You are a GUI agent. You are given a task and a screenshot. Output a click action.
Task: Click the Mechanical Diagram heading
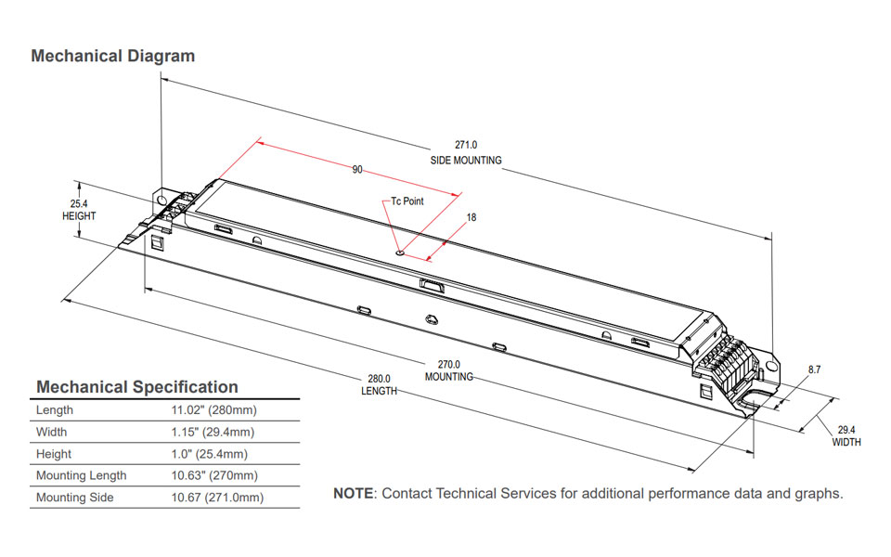[112, 56]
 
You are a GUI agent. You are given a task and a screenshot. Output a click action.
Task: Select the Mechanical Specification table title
[136, 387]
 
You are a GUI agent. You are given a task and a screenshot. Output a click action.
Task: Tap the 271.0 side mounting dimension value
[465, 145]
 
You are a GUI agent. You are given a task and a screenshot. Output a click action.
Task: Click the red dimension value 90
[356, 170]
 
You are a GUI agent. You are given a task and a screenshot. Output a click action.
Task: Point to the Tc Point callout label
[407, 201]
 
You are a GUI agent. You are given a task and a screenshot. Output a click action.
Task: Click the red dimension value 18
[471, 217]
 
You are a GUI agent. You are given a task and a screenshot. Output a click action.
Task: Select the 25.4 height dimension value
[79, 203]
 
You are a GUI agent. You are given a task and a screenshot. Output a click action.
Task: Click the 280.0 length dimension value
[379, 379]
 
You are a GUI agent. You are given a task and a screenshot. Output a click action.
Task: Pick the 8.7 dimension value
[814, 369]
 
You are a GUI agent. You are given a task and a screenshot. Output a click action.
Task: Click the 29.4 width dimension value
[846, 430]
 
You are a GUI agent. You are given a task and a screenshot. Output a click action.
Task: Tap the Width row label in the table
[52, 433]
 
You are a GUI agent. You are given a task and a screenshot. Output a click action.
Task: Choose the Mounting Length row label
[82, 476]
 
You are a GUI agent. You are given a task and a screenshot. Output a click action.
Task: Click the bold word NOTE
[353, 493]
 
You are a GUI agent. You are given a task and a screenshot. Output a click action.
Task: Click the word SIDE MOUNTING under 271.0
[465, 161]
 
